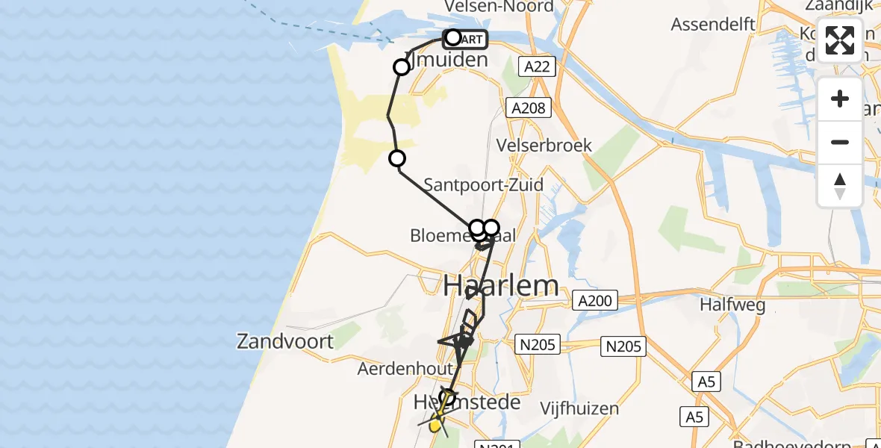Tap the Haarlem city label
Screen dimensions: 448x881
(x=501, y=285)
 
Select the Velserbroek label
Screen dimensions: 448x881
(x=545, y=146)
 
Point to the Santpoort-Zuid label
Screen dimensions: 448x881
(x=483, y=185)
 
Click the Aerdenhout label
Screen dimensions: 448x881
(x=405, y=369)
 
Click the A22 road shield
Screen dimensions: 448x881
(x=537, y=67)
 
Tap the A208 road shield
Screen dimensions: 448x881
(x=528, y=108)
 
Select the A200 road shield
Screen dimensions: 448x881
(x=595, y=302)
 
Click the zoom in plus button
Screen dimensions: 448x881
(x=840, y=99)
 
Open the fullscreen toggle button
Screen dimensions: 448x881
(x=840, y=40)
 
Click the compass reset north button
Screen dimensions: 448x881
(x=840, y=186)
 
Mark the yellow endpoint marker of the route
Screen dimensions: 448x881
(x=435, y=426)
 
